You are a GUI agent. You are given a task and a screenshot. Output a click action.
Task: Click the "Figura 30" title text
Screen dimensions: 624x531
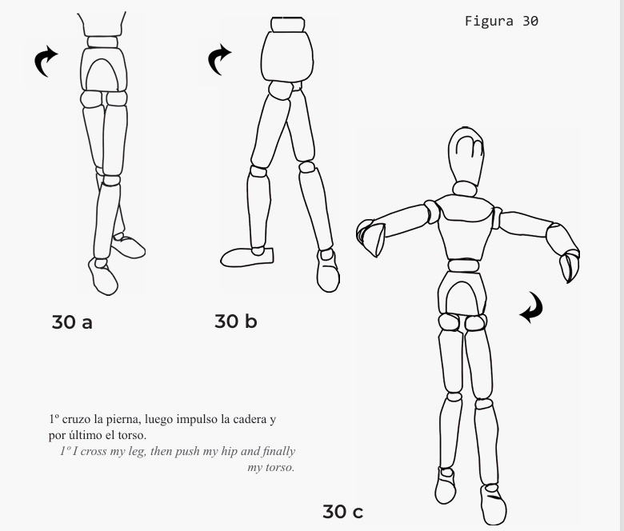tap(502, 21)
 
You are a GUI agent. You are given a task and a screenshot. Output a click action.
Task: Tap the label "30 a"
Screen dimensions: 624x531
tap(72, 322)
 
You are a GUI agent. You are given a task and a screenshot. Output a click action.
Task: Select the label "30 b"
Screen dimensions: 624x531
tap(235, 321)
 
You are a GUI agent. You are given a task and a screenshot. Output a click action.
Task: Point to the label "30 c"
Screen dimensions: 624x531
tap(342, 512)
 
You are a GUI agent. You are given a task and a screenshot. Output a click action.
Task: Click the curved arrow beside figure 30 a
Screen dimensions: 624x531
tap(43, 59)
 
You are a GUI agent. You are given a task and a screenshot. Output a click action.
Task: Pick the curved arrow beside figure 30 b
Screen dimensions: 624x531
tap(217, 58)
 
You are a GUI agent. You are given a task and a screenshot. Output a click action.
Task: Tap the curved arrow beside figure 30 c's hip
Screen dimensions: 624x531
tap(534, 307)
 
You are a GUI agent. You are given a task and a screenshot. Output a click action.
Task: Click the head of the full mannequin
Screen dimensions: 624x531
tap(466, 155)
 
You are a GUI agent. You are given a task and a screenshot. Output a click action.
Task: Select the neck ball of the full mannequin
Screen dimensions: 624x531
tap(465, 189)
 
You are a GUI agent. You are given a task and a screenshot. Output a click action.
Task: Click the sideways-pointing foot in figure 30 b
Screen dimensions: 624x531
tap(247, 257)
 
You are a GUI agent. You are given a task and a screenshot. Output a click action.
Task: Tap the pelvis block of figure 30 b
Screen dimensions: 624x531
tap(287, 57)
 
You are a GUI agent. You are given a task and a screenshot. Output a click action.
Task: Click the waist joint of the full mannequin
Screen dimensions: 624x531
tap(463, 265)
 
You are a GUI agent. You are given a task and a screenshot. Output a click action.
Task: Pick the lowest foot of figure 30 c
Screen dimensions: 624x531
tap(493, 505)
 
